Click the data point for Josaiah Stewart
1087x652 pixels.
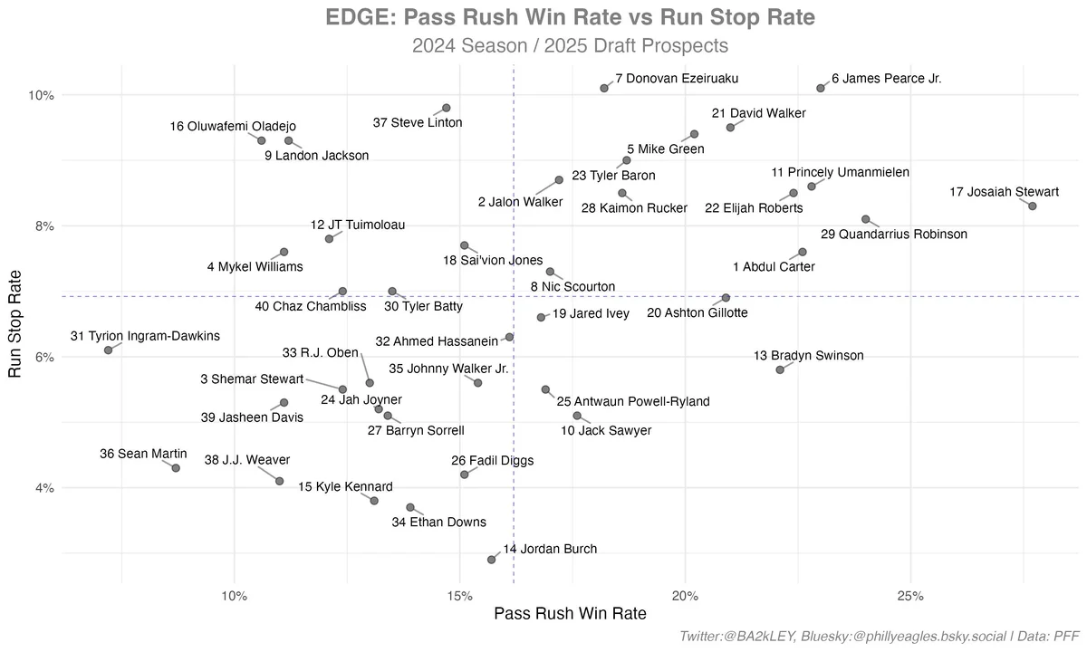[1032, 206]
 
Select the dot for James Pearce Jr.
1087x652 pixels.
[821, 88]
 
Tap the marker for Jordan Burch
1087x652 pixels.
[492, 560]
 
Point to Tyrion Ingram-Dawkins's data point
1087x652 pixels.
[109, 350]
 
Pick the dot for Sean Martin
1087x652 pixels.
[176, 468]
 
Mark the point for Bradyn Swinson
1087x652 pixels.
[780, 369]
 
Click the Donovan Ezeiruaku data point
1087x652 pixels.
[604, 88]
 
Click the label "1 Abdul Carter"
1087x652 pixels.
[774, 267]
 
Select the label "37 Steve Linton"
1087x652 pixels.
[418, 122]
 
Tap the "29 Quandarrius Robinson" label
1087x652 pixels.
[893, 235]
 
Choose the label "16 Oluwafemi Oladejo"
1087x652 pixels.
[233, 127]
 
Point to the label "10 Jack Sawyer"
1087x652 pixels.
[606, 431]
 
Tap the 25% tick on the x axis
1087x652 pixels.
[910, 596]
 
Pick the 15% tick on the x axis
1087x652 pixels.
[459, 596]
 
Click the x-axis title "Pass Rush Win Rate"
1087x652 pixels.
[570, 614]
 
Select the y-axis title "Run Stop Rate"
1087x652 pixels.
[15, 327]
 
